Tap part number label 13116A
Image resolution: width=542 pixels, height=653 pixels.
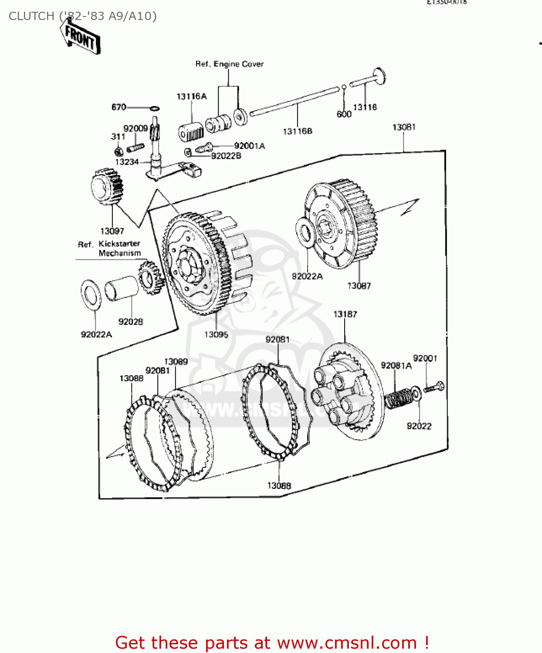click(191, 96)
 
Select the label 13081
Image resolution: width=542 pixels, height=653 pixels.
click(404, 127)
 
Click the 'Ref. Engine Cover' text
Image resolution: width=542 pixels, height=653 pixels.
click(229, 64)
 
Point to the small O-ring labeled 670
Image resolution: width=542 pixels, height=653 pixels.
click(154, 108)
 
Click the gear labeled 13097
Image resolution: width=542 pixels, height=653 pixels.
click(106, 187)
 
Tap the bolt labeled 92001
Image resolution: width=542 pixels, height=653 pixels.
click(434, 387)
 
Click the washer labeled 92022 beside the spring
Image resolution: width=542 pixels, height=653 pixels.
click(416, 394)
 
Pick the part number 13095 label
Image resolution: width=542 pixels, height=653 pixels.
click(216, 334)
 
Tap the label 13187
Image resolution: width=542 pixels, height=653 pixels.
click(345, 314)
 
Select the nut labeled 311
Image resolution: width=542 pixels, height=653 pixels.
click(118, 151)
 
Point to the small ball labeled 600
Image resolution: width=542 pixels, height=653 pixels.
click(344, 87)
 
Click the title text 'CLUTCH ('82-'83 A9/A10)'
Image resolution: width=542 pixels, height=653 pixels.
click(83, 16)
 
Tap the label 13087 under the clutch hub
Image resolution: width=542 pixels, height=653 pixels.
click(359, 286)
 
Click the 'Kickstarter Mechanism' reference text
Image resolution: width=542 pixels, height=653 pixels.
click(119, 248)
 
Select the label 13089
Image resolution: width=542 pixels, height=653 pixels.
click(176, 361)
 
